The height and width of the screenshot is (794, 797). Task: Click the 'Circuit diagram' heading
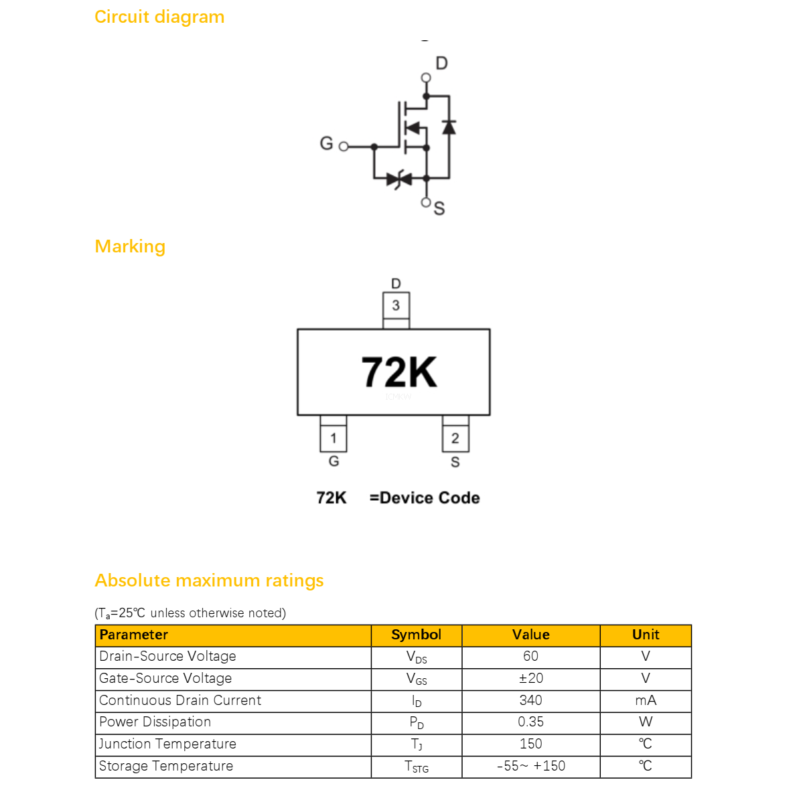tap(159, 17)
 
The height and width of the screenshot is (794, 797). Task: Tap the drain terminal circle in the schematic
tap(426, 78)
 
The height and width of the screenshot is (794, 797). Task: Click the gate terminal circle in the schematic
tap(344, 147)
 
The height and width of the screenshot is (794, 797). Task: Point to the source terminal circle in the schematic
tap(426, 202)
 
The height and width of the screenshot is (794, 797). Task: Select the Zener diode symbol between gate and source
tap(399, 179)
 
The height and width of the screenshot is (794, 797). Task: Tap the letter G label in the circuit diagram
tap(326, 144)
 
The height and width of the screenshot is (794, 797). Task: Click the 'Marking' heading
tap(130, 246)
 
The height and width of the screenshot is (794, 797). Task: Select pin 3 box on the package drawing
tap(396, 305)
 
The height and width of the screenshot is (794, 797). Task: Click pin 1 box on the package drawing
tap(334, 438)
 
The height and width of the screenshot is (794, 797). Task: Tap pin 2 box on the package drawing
tap(455, 438)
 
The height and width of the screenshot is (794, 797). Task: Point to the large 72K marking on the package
tap(399, 372)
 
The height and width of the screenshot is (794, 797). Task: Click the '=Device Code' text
tap(425, 498)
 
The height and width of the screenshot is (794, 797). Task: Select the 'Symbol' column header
tap(417, 635)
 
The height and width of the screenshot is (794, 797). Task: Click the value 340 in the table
tap(530, 700)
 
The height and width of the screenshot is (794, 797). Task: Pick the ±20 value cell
tap(530, 680)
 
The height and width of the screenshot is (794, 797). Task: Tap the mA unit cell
tap(646, 701)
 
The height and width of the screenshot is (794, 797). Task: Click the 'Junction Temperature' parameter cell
tap(233, 744)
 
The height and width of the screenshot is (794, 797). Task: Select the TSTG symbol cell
tap(417, 767)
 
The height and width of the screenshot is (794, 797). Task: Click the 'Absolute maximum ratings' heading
tap(209, 580)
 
